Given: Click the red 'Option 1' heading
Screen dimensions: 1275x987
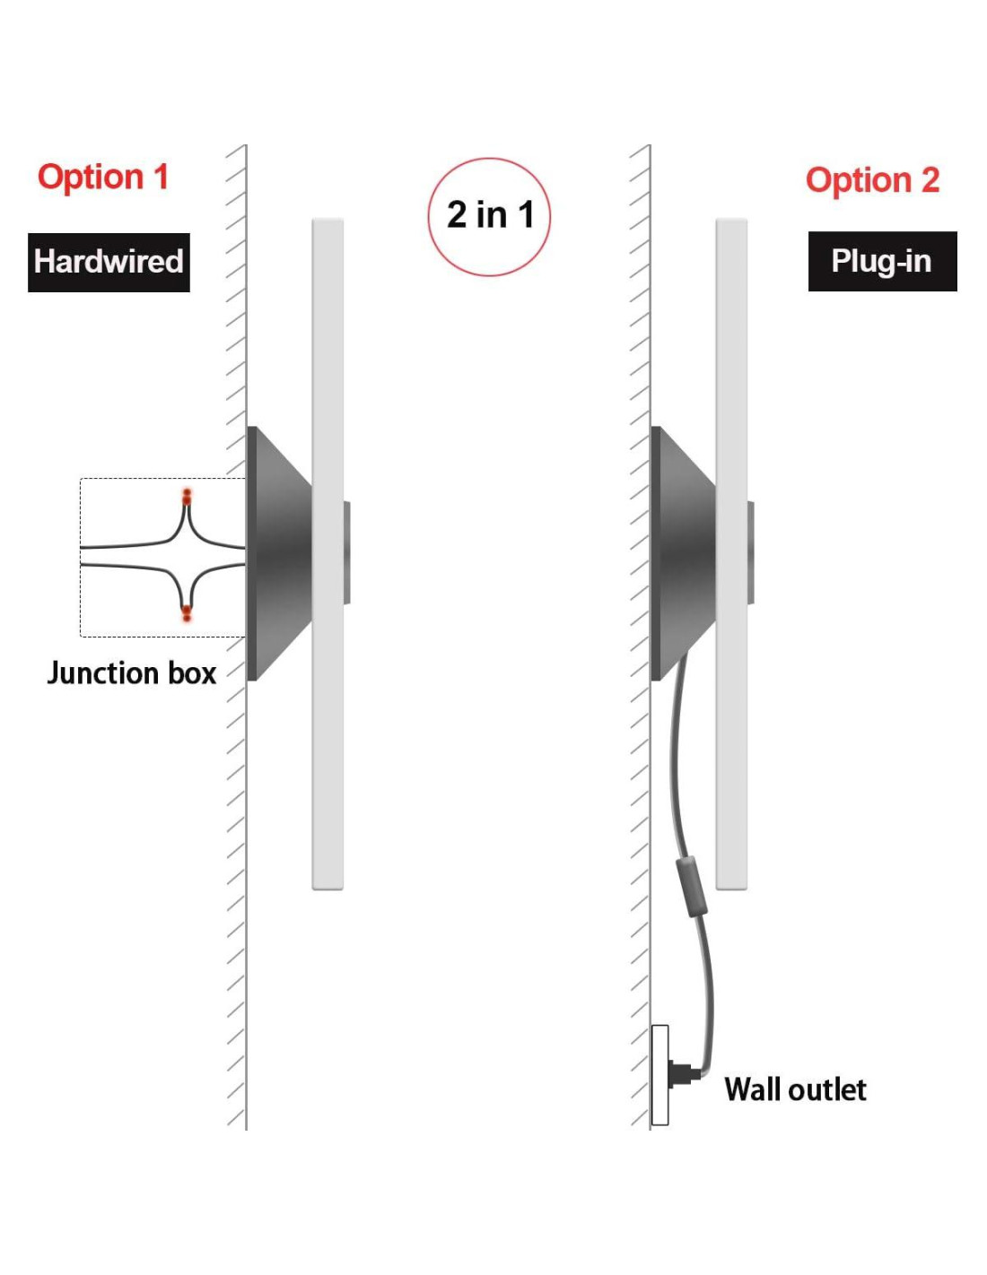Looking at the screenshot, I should [x=103, y=177].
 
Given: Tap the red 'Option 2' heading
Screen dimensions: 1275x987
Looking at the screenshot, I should [x=872, y=180].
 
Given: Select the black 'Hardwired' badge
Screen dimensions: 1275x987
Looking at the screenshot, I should [x=109, y=262].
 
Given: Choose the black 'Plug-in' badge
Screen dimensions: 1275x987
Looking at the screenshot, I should [x=882, y=261].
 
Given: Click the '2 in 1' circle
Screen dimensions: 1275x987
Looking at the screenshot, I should [x=489, y=216].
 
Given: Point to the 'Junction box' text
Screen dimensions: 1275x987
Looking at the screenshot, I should [x=131, y=672].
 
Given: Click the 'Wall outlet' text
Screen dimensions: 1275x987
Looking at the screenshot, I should [x=795, y=1089].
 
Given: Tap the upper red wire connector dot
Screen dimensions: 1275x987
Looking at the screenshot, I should [x=187, y=495].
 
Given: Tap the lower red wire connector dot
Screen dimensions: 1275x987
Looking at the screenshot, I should [x=187, y=614].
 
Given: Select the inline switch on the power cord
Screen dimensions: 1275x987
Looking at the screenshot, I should [x=690, y=886].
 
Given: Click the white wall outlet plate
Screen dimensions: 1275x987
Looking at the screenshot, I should [x=659, y=1074].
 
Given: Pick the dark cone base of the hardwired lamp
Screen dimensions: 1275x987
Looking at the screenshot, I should [x=278, y=553].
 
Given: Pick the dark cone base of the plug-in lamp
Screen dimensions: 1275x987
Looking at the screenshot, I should [x=683, y=553].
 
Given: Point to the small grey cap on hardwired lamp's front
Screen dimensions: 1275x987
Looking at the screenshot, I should [x=346, y=552].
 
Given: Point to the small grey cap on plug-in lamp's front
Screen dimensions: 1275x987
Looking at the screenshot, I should [x=750, y=552].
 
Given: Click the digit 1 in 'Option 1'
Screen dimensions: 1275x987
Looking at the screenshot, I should [x=161, y=177].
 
